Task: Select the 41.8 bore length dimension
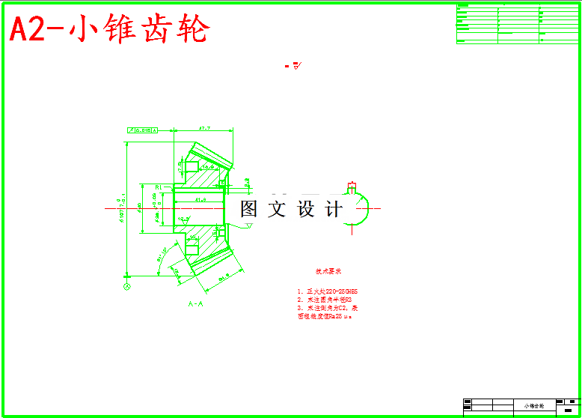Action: click(200, 200)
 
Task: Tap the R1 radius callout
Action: click(159, 187)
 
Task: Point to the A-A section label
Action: click(196, 304)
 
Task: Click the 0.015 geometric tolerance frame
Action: click(141, 130)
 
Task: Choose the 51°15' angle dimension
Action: click(162, 256)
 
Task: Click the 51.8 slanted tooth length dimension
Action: click(223, 279)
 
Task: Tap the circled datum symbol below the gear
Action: click(127, 285)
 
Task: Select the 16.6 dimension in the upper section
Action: click(198, 168)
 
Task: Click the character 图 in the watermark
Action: click(249, 209)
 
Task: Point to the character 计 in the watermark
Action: click(334, 209)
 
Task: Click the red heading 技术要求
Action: click(328, 271)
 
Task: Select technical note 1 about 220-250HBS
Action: click(328, 291)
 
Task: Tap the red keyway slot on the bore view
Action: click(352, 185)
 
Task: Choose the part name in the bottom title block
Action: click(534, 405)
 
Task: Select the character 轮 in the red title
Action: click(190, 30)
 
